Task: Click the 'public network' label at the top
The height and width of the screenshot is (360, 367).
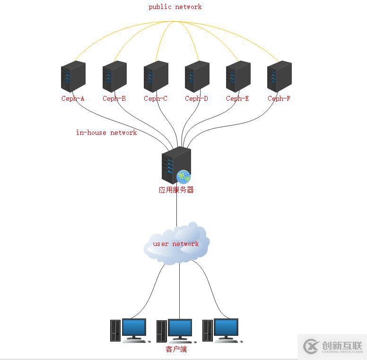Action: (175, 7)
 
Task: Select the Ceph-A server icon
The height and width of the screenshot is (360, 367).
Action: (73, 77)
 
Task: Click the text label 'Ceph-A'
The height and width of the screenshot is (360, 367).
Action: (73, 98)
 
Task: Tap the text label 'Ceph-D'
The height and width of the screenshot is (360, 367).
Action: (196, 98)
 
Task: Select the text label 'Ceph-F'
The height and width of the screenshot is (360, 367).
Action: (279, 98)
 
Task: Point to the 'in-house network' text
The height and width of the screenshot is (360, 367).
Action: (106, 132)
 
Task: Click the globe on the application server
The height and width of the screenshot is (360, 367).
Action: (183, 177)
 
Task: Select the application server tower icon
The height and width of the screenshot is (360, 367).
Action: (174, 165)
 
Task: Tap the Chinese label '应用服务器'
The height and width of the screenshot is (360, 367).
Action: (176, 190)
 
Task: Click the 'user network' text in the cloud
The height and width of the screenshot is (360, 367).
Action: (176, 244)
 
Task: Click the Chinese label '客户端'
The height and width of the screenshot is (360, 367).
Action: (176, 350)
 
